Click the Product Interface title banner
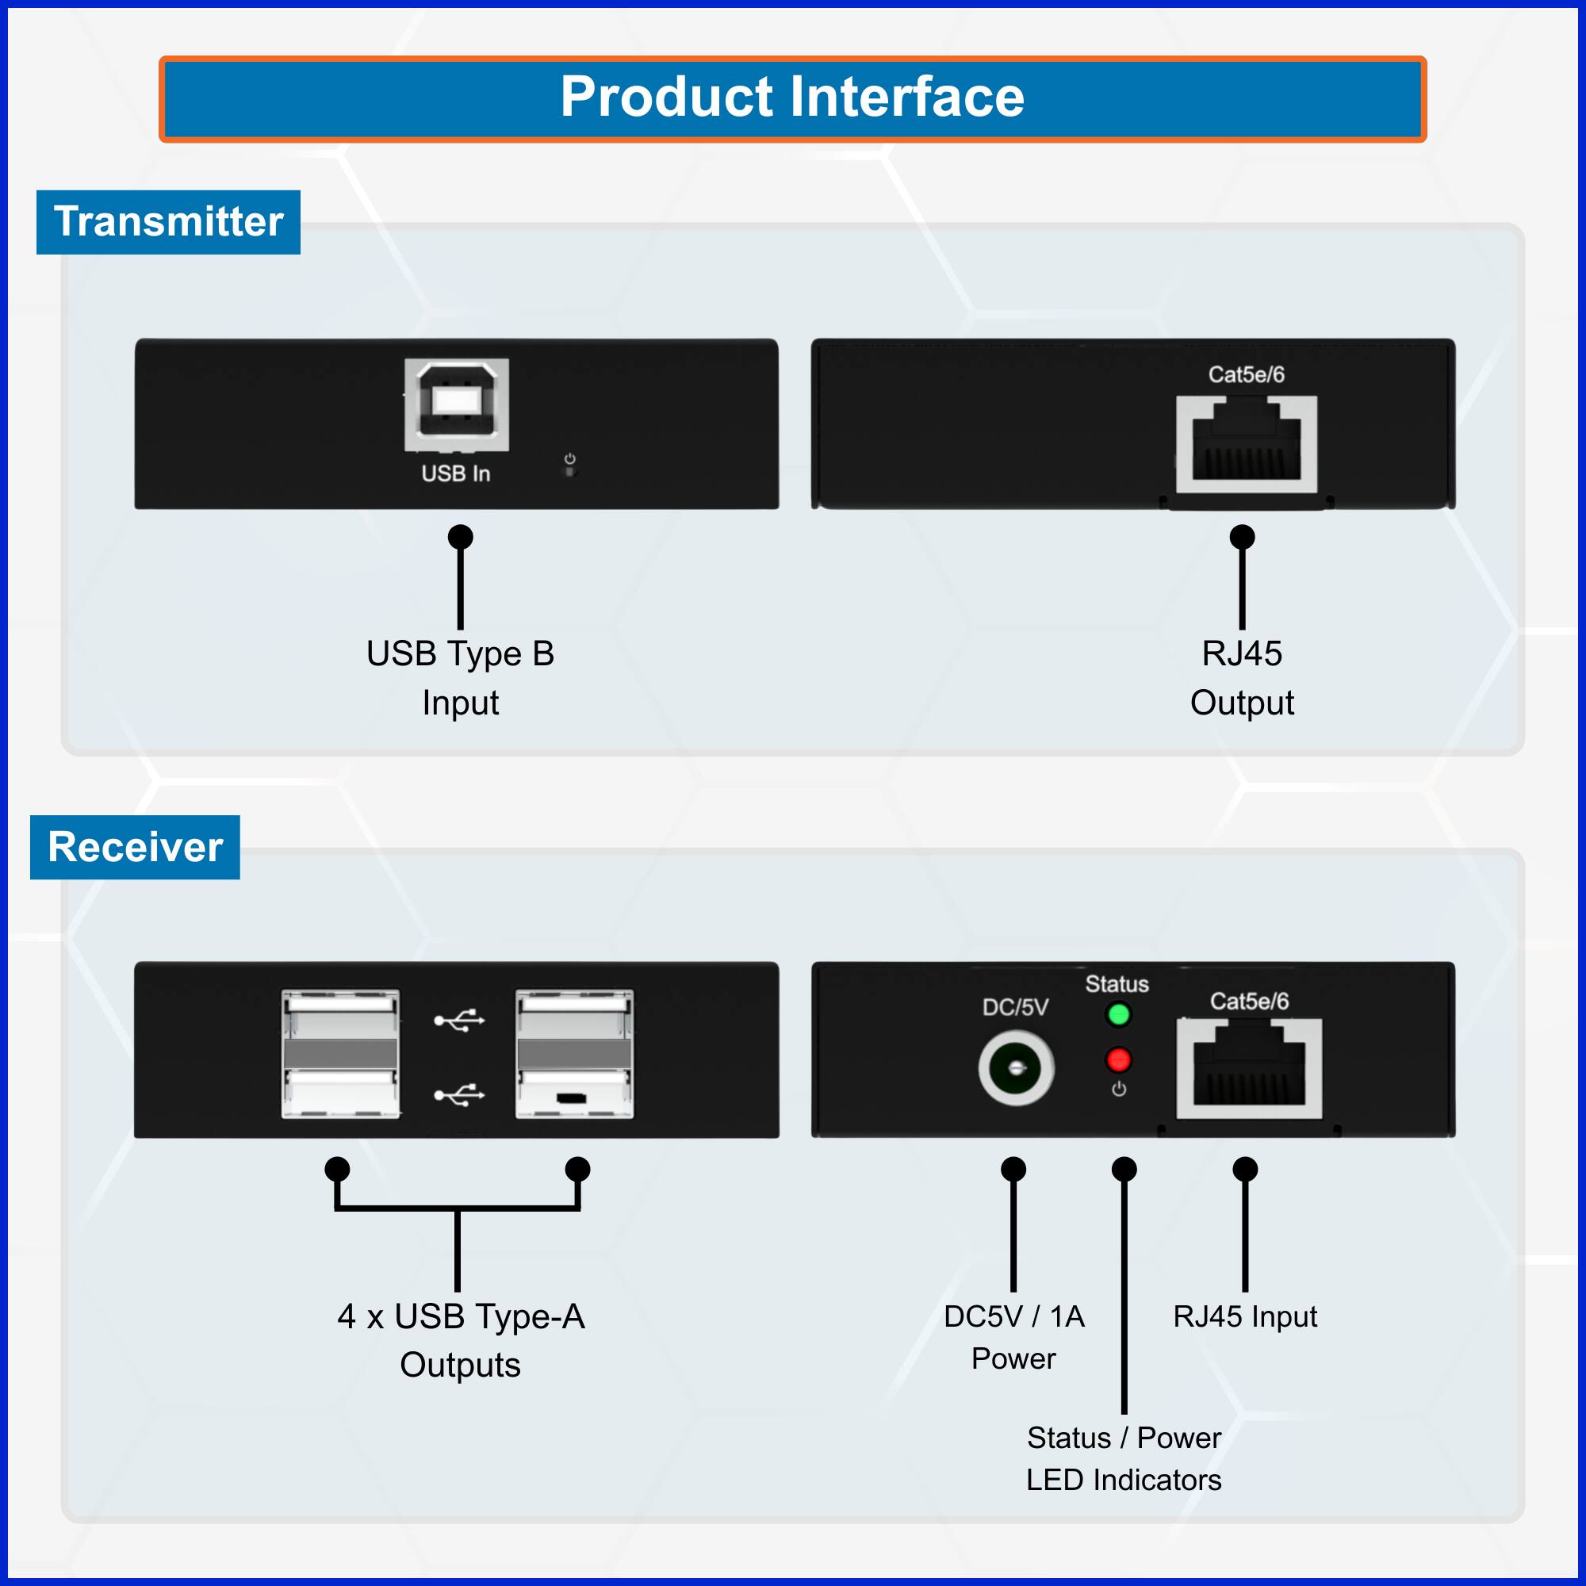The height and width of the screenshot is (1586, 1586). tap(792, 98)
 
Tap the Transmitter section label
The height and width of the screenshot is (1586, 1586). tap(168, 222)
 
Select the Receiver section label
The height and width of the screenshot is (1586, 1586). tap(136, 847)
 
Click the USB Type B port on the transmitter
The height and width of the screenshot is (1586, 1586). tap(457, 404)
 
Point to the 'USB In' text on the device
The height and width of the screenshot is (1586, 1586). tap(456, 473)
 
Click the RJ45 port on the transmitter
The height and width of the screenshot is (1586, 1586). tap(1246, 444)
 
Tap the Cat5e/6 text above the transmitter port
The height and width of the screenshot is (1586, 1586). tap(1246, 374)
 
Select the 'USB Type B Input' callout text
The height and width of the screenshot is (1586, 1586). tap(461, 678)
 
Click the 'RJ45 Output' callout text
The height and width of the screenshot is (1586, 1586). tap(1242, 678)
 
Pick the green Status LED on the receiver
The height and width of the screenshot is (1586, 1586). tap(1118, 1015)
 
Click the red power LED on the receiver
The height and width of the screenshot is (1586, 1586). tap(1118, 1059)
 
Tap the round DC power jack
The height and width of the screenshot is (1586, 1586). tap(1016, 1068)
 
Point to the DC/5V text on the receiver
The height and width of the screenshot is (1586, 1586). tap(1016, 1007)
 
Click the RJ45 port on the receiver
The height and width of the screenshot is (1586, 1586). tap(1249, 1068)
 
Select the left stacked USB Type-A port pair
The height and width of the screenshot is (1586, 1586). tap(341, 1053)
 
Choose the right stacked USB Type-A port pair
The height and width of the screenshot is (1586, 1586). tap(575, 1053)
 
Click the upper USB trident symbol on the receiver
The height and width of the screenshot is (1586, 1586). tap(460, 1021)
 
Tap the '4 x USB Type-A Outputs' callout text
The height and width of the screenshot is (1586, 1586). tap(461, 1340)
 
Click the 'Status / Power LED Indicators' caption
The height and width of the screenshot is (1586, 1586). tap(1124, 1459)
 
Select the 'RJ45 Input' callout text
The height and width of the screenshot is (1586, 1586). tap(1244, 1316)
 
